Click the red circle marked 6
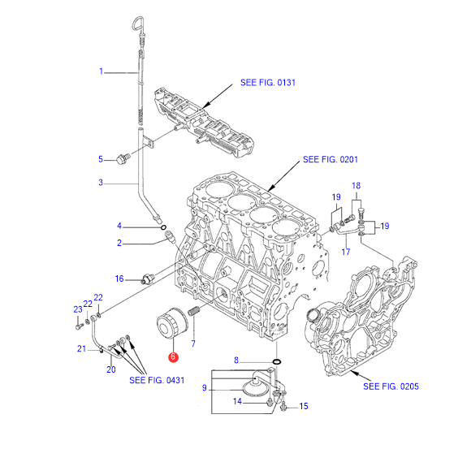click(173, 356)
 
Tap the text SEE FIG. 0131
click(268, 83)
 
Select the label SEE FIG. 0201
click(331, 159)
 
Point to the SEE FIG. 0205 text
click(391, 386)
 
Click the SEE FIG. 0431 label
click(157, 380)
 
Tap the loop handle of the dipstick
click(138, 24)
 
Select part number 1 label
click(102, 71)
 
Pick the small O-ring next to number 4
click(164, 227)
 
